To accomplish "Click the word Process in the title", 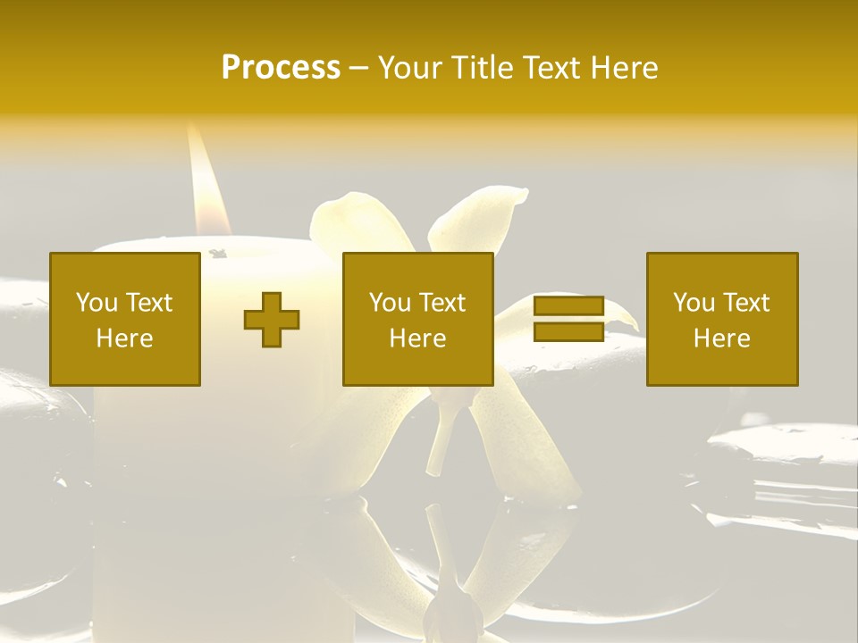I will point(281,68).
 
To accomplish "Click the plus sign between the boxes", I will point(272,320).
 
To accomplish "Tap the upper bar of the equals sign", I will point(568,306).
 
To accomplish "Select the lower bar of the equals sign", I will point(568,332).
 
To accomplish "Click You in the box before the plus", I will point(96,303).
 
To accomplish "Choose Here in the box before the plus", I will point(124,338).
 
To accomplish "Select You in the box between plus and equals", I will point(389,303).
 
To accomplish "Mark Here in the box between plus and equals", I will point(417,338).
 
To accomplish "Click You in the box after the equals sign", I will point(693,303).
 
